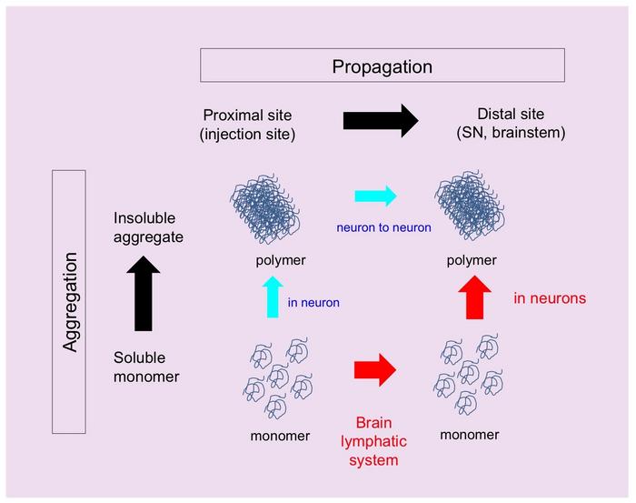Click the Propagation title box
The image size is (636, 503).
coord(382,65)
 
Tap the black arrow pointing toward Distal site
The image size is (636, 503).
coord(380,120)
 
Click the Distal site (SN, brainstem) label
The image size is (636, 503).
coord(510,124)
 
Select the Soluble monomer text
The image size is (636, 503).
coord(147,367)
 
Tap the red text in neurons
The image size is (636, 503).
coord(550,297)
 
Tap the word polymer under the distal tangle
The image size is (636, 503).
coord(471,261)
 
